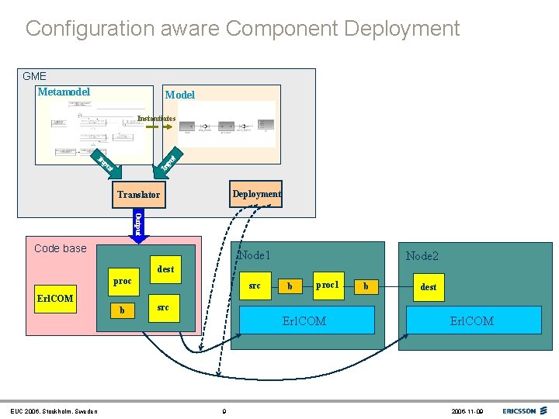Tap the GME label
(x=34, y=76)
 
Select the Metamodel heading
(x=64, y=92)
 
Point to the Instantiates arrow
(x=158, y=127)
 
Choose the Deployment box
(x=256, y=194)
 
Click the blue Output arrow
(x=138, y=223)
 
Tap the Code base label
(x=61, y=248)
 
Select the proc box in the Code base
(x=122, y=282)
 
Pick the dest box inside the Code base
(x=165, y=268)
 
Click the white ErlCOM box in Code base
(x=55, y=299)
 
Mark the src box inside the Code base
(x=163, y=308)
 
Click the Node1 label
(x=255, y=255)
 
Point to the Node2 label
(x=422, y=256)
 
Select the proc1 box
(x=328, y=286)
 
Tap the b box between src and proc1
(x=290, y=286)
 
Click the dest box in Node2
(x=428, y=287)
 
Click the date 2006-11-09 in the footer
(x=468, y=410)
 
